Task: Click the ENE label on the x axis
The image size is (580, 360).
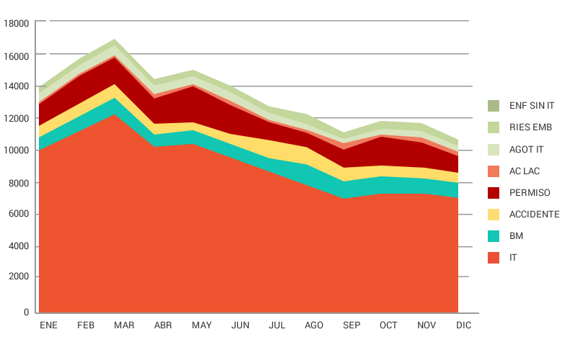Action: pyautogui.click(x=48, y=325)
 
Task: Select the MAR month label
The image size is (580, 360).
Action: pyautogui.click(x=124, y=325)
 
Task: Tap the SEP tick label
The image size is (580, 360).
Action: pyautogui.click(x=351, y=325)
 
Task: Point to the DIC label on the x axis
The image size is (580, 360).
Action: pyautogui.click(x=464, y=325)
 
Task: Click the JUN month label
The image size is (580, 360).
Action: pyautogui.click(x=241, y=325)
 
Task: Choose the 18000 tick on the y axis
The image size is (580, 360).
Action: pyautogui.click(x=16, y=23)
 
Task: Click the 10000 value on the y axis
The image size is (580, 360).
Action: pyautogui.click(x=16, y=150)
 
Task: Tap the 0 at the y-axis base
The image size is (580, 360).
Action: pyautogui.click(x=26, y=312)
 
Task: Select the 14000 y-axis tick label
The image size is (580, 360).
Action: pyautogui.click(x=16, y=86)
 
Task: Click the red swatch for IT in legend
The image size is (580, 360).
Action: pyautogui.click(x=494, y=258)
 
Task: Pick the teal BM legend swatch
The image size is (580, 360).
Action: pyautogui.click(x=494, y=236)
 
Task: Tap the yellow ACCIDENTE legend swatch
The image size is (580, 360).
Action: pyautogui.click(x=494, y=215)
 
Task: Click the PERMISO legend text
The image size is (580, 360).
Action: pyautogui.click(x=530, y=193)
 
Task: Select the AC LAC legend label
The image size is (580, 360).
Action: pyautogui.click(x=524, y=171)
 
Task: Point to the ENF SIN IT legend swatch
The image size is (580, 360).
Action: pyautogui.click(x=494, y=106)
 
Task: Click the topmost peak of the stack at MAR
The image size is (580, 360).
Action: pyautogui.click(x=115, y=40)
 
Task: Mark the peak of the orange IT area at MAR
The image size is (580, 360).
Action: pyautogui.click(x=115, y=114)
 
